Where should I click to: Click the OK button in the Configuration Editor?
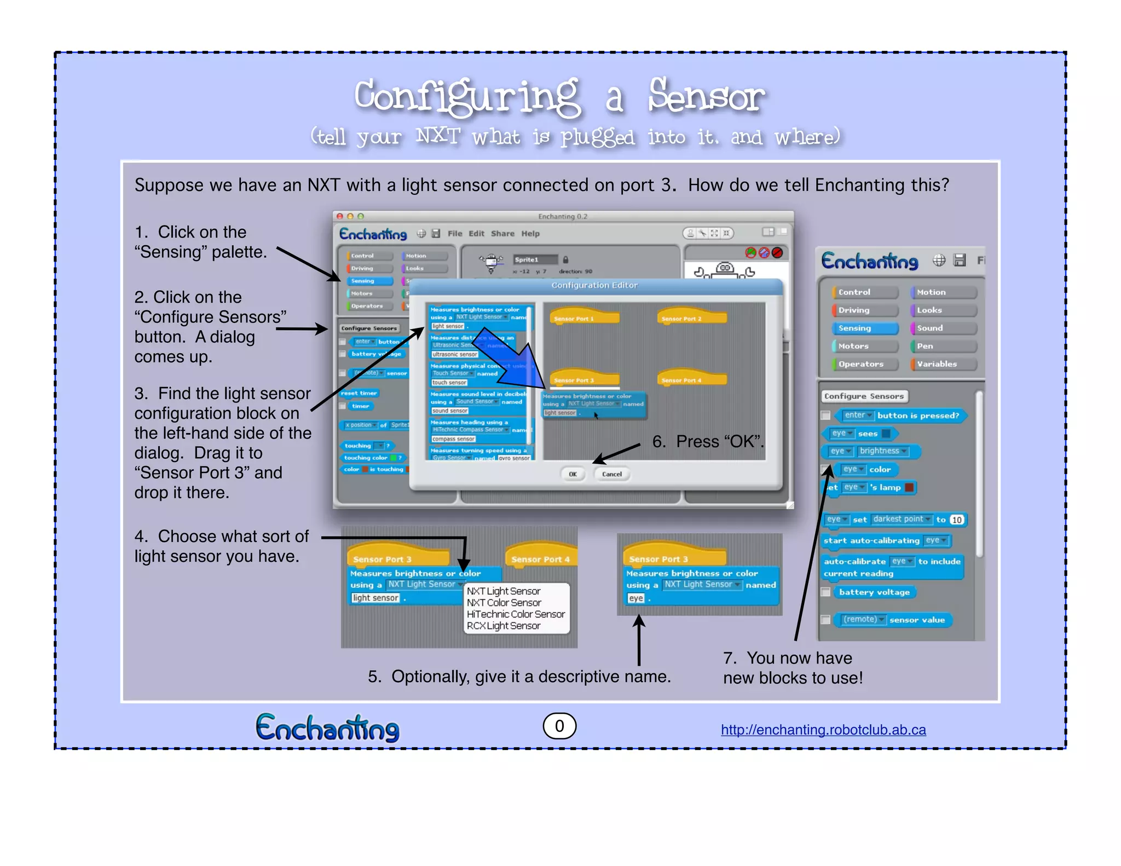point(573,474)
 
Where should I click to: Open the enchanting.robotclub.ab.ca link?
point(823,730)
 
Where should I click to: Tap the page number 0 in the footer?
point(559,726)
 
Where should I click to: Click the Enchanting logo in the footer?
point(327,728)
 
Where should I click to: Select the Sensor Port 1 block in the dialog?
point(583,317)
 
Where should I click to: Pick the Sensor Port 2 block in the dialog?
point(691,317)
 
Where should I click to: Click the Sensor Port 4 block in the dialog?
point(691,379)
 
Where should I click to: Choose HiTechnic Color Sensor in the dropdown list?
point(516,614)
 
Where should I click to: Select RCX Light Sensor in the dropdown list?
point(504,626)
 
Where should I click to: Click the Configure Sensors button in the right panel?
point(864,396)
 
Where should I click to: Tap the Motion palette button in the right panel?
point(943,292)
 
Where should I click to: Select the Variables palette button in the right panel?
point(943,364)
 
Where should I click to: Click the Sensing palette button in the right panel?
point(864,328)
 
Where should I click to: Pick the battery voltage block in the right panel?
point(874,592)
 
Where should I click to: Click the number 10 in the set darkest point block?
point(956,519)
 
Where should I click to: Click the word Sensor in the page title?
point(706,96)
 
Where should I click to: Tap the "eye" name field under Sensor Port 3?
point(635,598)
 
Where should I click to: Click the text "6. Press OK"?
point(708,441)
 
